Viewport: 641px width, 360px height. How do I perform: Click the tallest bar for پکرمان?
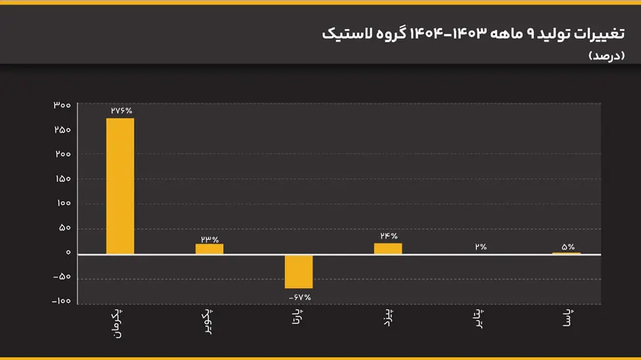click(120, 186)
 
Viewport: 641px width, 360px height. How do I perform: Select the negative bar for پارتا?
click(298, 271)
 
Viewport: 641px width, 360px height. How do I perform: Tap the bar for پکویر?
click(209, 249)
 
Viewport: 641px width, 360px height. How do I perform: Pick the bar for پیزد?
click(388, 248)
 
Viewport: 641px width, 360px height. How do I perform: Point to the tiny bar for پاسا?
click(566, 253)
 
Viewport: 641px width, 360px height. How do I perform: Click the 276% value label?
click(121, 110)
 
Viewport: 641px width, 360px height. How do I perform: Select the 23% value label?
click(210, 236)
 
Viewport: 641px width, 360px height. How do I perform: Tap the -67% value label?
click(300, 297)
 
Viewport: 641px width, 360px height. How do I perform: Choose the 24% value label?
click(389, 236)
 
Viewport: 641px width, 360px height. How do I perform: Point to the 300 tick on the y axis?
click(62, 105)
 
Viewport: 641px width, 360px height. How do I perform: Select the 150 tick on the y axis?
click(62, 179)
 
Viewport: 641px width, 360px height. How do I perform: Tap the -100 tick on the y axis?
click(60, 301)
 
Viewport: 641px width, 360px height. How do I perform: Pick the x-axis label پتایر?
click(478, 319)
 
